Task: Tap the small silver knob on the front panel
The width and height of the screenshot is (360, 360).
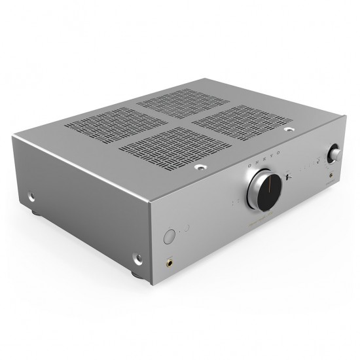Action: [x=336, y=153]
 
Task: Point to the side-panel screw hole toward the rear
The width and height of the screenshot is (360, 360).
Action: [x=31, y=195]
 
